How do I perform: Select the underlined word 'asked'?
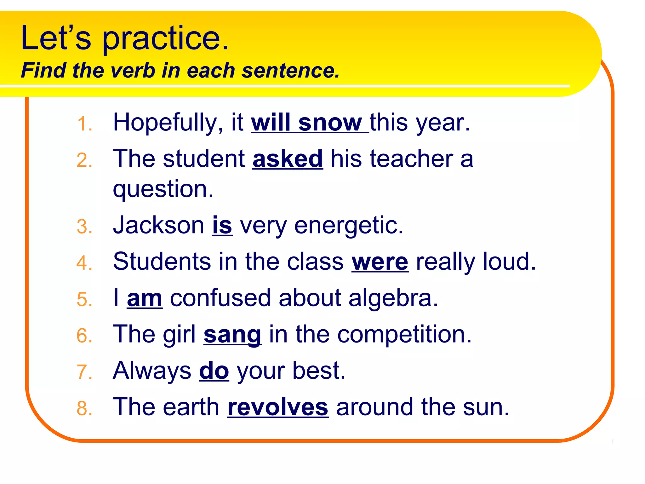[x=288, y=159]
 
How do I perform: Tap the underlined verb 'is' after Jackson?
[x=222, y=226]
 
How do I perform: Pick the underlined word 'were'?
[x=380, y=262]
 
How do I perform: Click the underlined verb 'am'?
[x=145, y=298]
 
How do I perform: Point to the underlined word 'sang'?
[x=232, y=335]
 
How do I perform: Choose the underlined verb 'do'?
[x=214, y=371]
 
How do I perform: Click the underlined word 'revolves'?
[x=278, y=407]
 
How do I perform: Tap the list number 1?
[x=84, y=124]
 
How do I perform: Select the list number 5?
[x=84, y=299]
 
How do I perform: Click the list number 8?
[x=84, y=408]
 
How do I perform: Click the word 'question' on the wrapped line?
[x=163, y=189]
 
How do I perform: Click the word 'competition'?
[x=404, y=335]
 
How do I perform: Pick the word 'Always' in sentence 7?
[x=152, y=371]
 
